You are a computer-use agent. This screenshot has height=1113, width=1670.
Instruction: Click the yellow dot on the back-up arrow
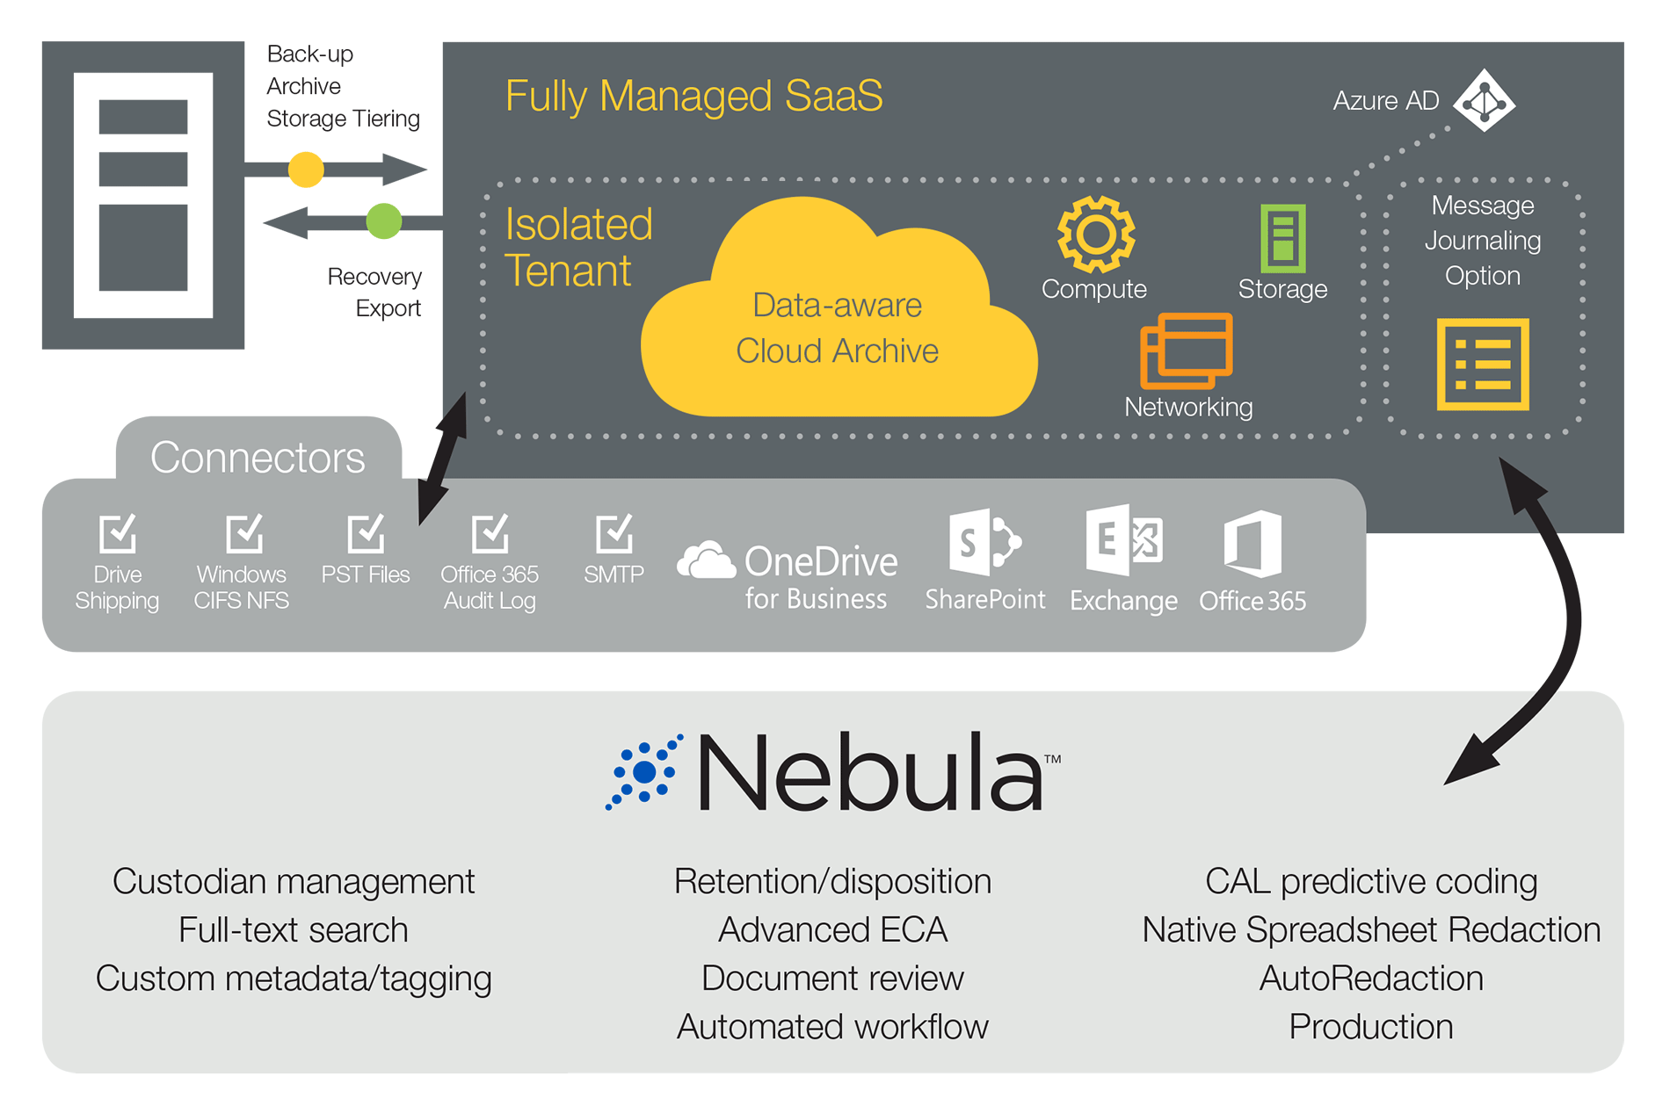306,169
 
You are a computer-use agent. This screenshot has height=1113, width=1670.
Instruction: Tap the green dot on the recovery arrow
383,220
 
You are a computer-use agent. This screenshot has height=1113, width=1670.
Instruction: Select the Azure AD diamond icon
1485,101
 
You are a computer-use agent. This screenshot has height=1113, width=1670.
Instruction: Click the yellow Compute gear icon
1095,235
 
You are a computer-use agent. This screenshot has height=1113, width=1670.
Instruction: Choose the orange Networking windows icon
1186,351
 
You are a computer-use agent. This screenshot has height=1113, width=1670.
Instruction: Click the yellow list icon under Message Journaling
1483,365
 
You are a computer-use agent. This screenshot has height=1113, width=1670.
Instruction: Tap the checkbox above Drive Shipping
118,532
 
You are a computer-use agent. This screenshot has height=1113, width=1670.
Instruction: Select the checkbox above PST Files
366,532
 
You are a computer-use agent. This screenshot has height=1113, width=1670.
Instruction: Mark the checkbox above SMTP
614,532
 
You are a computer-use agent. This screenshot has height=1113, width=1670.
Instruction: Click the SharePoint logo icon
984,541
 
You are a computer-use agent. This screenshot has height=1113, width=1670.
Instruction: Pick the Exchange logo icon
1123,539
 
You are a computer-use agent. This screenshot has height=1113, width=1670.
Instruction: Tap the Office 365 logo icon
1252,544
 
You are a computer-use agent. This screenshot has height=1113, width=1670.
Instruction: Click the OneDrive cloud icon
706,560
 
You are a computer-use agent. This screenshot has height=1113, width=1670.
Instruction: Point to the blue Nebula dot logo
645,771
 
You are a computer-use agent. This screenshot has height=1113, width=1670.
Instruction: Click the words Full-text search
294,930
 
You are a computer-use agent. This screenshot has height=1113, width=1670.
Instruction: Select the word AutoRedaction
1371,979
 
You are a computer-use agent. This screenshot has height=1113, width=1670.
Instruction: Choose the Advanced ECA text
832,930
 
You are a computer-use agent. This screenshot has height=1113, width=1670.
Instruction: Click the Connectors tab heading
258,458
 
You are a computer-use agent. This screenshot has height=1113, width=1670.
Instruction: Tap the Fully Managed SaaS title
693,96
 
